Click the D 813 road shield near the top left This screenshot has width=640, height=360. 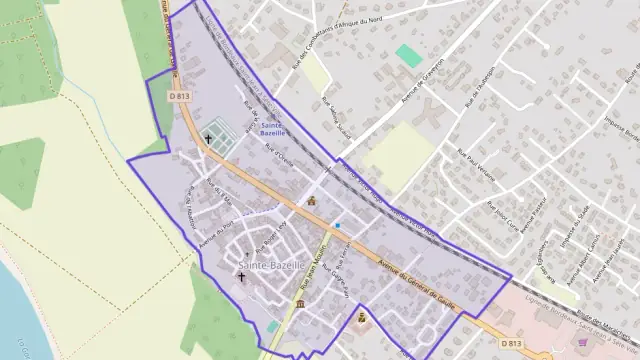(179, 96)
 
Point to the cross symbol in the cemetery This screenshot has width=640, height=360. (208, 138)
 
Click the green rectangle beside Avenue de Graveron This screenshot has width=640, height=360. (408, 55)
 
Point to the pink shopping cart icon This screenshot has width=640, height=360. (584, 341)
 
